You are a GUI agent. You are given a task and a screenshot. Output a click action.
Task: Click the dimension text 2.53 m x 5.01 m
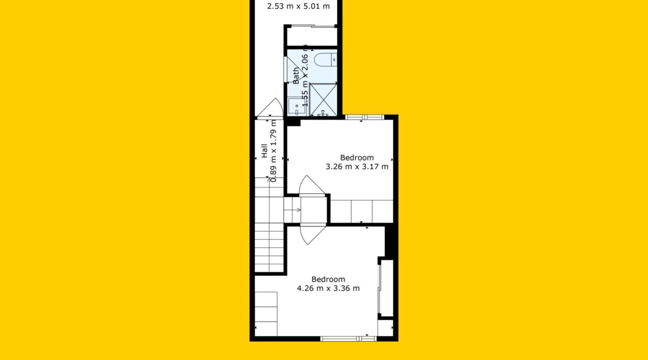299,6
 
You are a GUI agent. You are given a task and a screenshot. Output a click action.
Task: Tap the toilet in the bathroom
326,59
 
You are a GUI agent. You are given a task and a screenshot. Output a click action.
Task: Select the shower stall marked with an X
323,100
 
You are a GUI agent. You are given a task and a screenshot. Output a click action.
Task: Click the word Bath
296,76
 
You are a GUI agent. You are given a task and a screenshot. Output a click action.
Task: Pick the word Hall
264,151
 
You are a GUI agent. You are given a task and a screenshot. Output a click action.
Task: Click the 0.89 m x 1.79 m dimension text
272,151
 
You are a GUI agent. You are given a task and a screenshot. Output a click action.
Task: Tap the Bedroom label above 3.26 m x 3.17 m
357,157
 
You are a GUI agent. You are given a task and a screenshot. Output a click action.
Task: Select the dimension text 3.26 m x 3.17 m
357,167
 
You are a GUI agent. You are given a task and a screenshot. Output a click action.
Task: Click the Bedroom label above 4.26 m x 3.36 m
328,279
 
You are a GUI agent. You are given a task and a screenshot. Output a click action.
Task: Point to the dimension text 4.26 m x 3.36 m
328,288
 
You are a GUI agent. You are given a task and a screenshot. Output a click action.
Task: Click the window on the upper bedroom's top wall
364,117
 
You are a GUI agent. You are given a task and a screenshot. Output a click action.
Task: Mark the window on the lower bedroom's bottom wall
348,339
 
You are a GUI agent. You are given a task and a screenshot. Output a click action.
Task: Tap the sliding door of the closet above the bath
312,27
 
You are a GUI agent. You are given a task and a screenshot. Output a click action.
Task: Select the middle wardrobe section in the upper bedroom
362,211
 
